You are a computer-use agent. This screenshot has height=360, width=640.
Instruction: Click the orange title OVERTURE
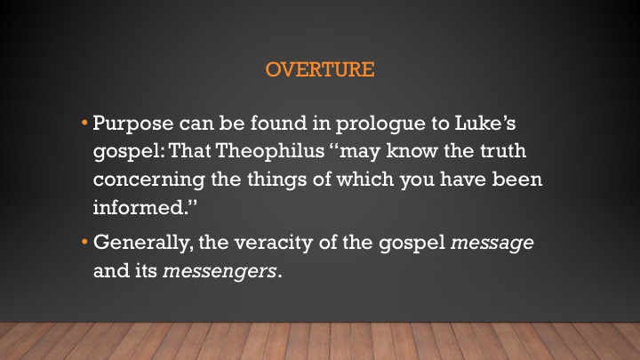click(x=320, y=69)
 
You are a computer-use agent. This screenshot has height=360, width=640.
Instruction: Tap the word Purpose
click(x=133, y=124)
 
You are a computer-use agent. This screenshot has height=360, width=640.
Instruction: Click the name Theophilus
click(x=270, y=150)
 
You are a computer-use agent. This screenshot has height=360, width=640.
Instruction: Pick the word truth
click(x=503, y=150)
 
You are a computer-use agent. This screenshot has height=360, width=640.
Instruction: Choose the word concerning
click(x=149, y=180)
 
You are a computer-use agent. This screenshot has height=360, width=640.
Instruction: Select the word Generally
click(x=140, y=243)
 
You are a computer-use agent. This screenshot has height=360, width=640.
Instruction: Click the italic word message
click(x=492, y=244)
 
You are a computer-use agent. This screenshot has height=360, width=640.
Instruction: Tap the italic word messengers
click(x=220, y=271)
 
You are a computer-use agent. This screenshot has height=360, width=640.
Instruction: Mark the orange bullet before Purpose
click(x=84, y=123)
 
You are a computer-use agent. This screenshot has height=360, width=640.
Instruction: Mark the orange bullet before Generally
click(x=84, y=242)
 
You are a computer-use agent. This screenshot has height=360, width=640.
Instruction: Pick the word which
click(x=364, y=179)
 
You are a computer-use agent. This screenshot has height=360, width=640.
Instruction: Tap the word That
click(x=189, y=150)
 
